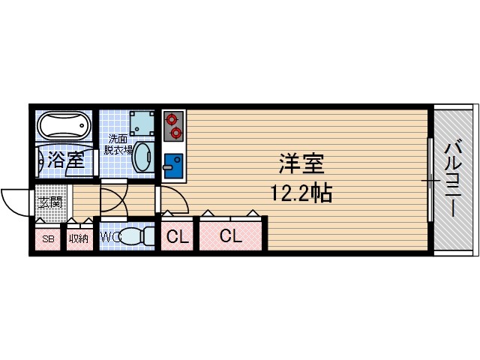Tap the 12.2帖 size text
pyautogui.click(x=301, y=193)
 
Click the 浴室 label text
pyautogui.click(x=65, y=160)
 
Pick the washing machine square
pyautogui.click(x=142, y=123)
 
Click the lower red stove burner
pyautogui.click(x=175, y=133)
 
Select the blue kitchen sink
pyautogui.click(x=173, y=163)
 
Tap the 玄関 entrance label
pyautogui.click(x=50, y=202)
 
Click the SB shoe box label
pyautogui.click(x=47, y=239)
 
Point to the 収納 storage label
pyautogui.click(x=79, y=239)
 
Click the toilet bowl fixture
pyautogui.click(x=136, y=238)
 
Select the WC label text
pyautogui.click(x=109, y=238)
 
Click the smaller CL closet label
pyautogui.click(x=177, y=238)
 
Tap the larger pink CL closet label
pyautogui.click(x=231, y=237)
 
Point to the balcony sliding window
pyautogui.click(x=430, y=179)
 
